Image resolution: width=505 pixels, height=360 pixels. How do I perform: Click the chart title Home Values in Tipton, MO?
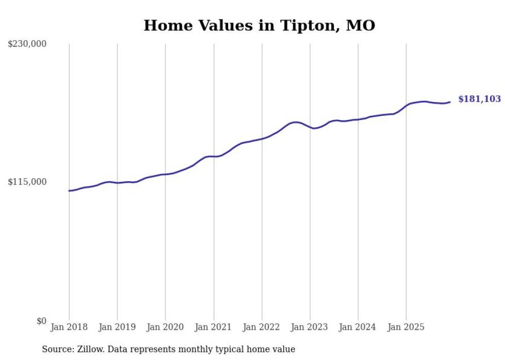click(259, 25)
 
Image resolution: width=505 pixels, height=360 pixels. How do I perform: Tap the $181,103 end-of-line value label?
click(479, 99)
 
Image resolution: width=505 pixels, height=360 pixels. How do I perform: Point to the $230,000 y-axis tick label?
click(27, 44)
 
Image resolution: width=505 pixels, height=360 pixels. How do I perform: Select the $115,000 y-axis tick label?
click(27, 182)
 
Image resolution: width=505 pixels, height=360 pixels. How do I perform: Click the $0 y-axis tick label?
click(41, 321)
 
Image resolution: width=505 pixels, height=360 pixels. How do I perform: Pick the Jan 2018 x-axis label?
click(69, 327)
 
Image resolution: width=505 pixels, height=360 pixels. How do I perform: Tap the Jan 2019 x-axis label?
click(117, 327)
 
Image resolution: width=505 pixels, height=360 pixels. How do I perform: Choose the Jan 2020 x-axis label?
click(165, 327)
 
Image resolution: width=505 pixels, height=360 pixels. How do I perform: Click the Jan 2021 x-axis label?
click(213, 327)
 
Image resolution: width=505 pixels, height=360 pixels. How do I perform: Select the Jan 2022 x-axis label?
click(262, 327)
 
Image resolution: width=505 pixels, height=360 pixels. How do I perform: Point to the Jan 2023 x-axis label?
click(310, 327)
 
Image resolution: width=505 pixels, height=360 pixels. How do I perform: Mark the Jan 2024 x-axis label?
click(358, 327)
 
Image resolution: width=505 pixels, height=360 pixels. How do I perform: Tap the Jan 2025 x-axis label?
click(406, 327)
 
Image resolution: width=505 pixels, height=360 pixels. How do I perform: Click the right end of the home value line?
click(450, 102)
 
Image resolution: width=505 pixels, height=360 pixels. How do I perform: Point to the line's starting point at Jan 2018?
click(69, 191)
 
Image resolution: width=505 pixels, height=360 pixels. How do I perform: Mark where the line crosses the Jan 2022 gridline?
click(262, 138)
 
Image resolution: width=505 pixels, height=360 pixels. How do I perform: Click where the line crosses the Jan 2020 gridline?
click(165, 174)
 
